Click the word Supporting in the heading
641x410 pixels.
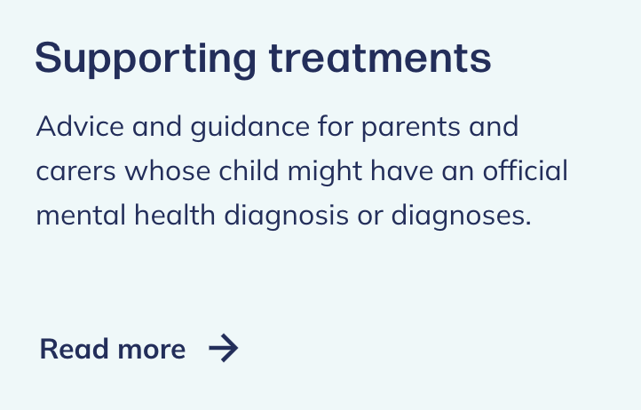146,59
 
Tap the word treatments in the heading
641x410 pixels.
380,58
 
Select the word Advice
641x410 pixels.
80,126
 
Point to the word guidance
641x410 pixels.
250,127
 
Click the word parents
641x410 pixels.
411,129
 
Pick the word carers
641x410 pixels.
76,171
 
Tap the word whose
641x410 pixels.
168,171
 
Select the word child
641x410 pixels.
249,170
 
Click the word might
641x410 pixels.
325,172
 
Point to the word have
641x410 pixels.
402,170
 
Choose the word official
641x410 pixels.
525,170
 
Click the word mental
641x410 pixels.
81,215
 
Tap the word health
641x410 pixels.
175,215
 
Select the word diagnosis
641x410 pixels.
286,217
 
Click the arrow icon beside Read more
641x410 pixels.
223,348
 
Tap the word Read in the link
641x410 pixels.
74,349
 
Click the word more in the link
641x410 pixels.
152,351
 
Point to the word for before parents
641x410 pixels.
336,126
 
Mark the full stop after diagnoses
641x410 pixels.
528,223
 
